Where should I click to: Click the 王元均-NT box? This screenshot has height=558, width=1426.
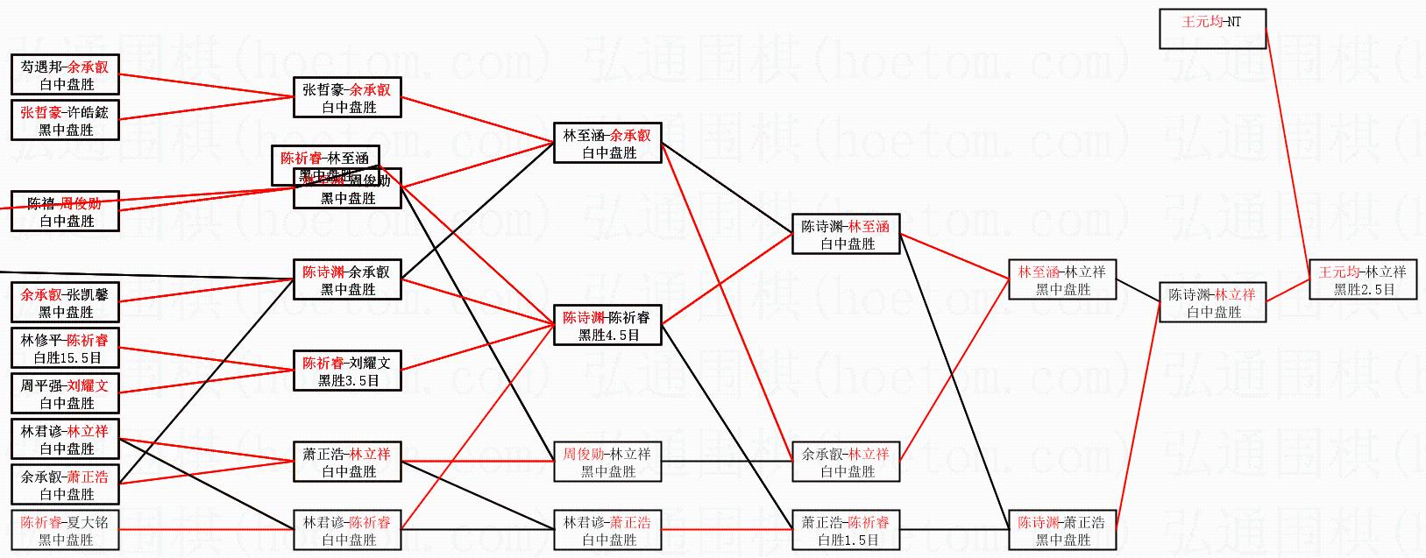click(1212, 29)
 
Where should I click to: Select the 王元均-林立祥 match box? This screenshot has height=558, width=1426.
click(1362, 280)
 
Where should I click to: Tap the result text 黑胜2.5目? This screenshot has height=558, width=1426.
click(1364, 290)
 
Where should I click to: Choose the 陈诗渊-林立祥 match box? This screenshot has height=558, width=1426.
click(1212, 303)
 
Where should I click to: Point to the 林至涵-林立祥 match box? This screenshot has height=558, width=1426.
click(1061, 280)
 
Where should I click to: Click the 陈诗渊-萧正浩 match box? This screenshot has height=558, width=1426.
click(1061, 531)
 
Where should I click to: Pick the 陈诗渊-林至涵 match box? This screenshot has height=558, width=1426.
click(846, 235)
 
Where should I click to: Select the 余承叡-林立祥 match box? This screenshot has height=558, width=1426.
click(846, 463)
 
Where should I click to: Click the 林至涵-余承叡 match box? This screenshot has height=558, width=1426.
click(607, 144)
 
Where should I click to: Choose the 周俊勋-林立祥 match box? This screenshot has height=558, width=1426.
click(607, 463)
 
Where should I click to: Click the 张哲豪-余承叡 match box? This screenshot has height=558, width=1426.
click(347, 98)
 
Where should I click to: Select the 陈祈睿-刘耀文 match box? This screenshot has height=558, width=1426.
click(347, 371)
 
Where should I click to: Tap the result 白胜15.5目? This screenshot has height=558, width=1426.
click(67, 358)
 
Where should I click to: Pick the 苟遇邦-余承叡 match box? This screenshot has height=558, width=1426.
click(65, 75)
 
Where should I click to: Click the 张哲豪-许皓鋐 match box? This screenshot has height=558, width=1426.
click(65, 121)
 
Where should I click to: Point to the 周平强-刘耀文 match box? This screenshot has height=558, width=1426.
click(65, 394)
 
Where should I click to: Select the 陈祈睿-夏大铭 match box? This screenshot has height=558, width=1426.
click(65, 531)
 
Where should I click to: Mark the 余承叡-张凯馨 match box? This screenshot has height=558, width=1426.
click(65, 303)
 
